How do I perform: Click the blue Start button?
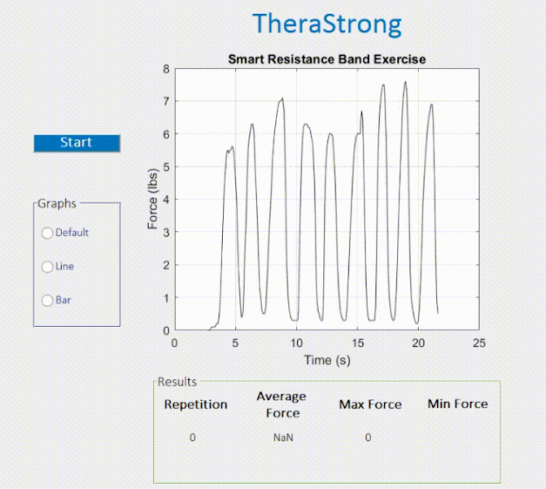coord(77,143)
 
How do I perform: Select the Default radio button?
coord(47,233)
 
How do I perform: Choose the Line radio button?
coord(47,267)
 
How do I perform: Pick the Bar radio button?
coord(47,301)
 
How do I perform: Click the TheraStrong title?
coord(327,24)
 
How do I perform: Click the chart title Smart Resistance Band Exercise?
coord(327,59)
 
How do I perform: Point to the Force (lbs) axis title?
coord(152,199)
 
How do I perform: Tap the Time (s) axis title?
coord(327,360)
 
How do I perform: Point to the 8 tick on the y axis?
coord(166,69)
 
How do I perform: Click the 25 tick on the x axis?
coord(479,343)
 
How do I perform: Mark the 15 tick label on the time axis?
coord(358,343)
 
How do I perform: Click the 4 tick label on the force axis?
coord(166,200)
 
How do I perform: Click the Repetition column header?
coord(196,404)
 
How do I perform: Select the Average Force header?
coord(281,404)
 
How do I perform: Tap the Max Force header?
coord(370,404)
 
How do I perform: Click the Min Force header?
coord(457,404)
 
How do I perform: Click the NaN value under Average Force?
coord(283,438)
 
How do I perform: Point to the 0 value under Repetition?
coord(192,438)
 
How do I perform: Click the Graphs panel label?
coord(57,204)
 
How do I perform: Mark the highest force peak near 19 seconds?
coord(405,82)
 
